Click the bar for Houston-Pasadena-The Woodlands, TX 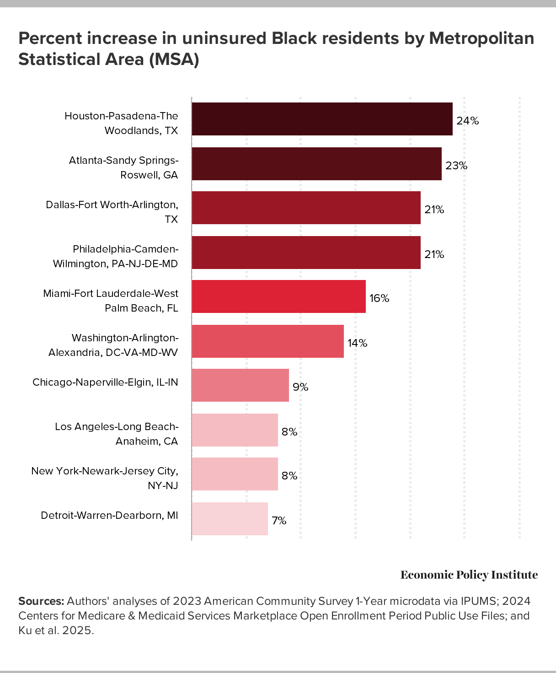[322, 119]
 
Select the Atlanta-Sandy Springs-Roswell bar [316, 164]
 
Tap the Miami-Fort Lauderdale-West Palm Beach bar [278, 296]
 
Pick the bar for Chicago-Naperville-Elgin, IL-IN [240, 385]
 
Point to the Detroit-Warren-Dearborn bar [230, 519]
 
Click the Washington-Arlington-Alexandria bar [267, 341]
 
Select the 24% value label [467, 121]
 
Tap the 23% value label [456, 166]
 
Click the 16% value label [379, 299]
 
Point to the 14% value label [357, 343]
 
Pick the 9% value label [300, 388]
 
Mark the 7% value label [279, 521]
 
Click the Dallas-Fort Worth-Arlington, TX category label [112, 212]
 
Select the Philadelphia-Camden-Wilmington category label [115, 256]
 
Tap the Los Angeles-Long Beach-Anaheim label [116, 434]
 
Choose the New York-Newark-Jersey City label [104, 478]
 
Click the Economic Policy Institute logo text [469, 575]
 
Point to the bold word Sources [41, 601]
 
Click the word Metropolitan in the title [481, 38]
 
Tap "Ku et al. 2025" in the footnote [56, 630]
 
